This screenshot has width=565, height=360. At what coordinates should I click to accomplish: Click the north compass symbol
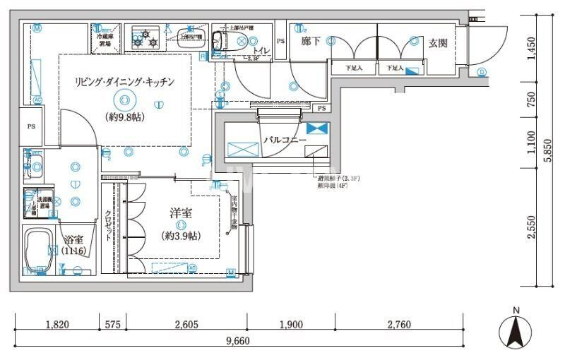pyautogui.click(x=516, y=330)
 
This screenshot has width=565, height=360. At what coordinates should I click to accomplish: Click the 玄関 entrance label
pyautogui.click(x=438, y=43)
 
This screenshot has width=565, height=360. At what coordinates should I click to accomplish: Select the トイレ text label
pyautogui.click(x=261, y=51)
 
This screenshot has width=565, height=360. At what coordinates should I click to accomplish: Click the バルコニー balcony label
pyautogui.click(x=285, y=140)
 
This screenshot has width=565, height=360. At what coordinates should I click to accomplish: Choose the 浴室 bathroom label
pyautogui.click(x=73, y=239)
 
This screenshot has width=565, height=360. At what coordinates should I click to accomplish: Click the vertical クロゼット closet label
pyautogui.click(x=108, y=227)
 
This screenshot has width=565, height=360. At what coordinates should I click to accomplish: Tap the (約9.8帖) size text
pyautogui.click(x=125, y=117)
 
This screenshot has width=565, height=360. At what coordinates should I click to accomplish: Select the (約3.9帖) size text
pyautogui.click(x=181, y=236)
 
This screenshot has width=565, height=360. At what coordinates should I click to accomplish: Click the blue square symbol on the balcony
pyautogui.click(x=317, y=128)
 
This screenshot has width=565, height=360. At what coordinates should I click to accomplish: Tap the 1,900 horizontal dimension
pyautogui.click(x=290, y=325)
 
